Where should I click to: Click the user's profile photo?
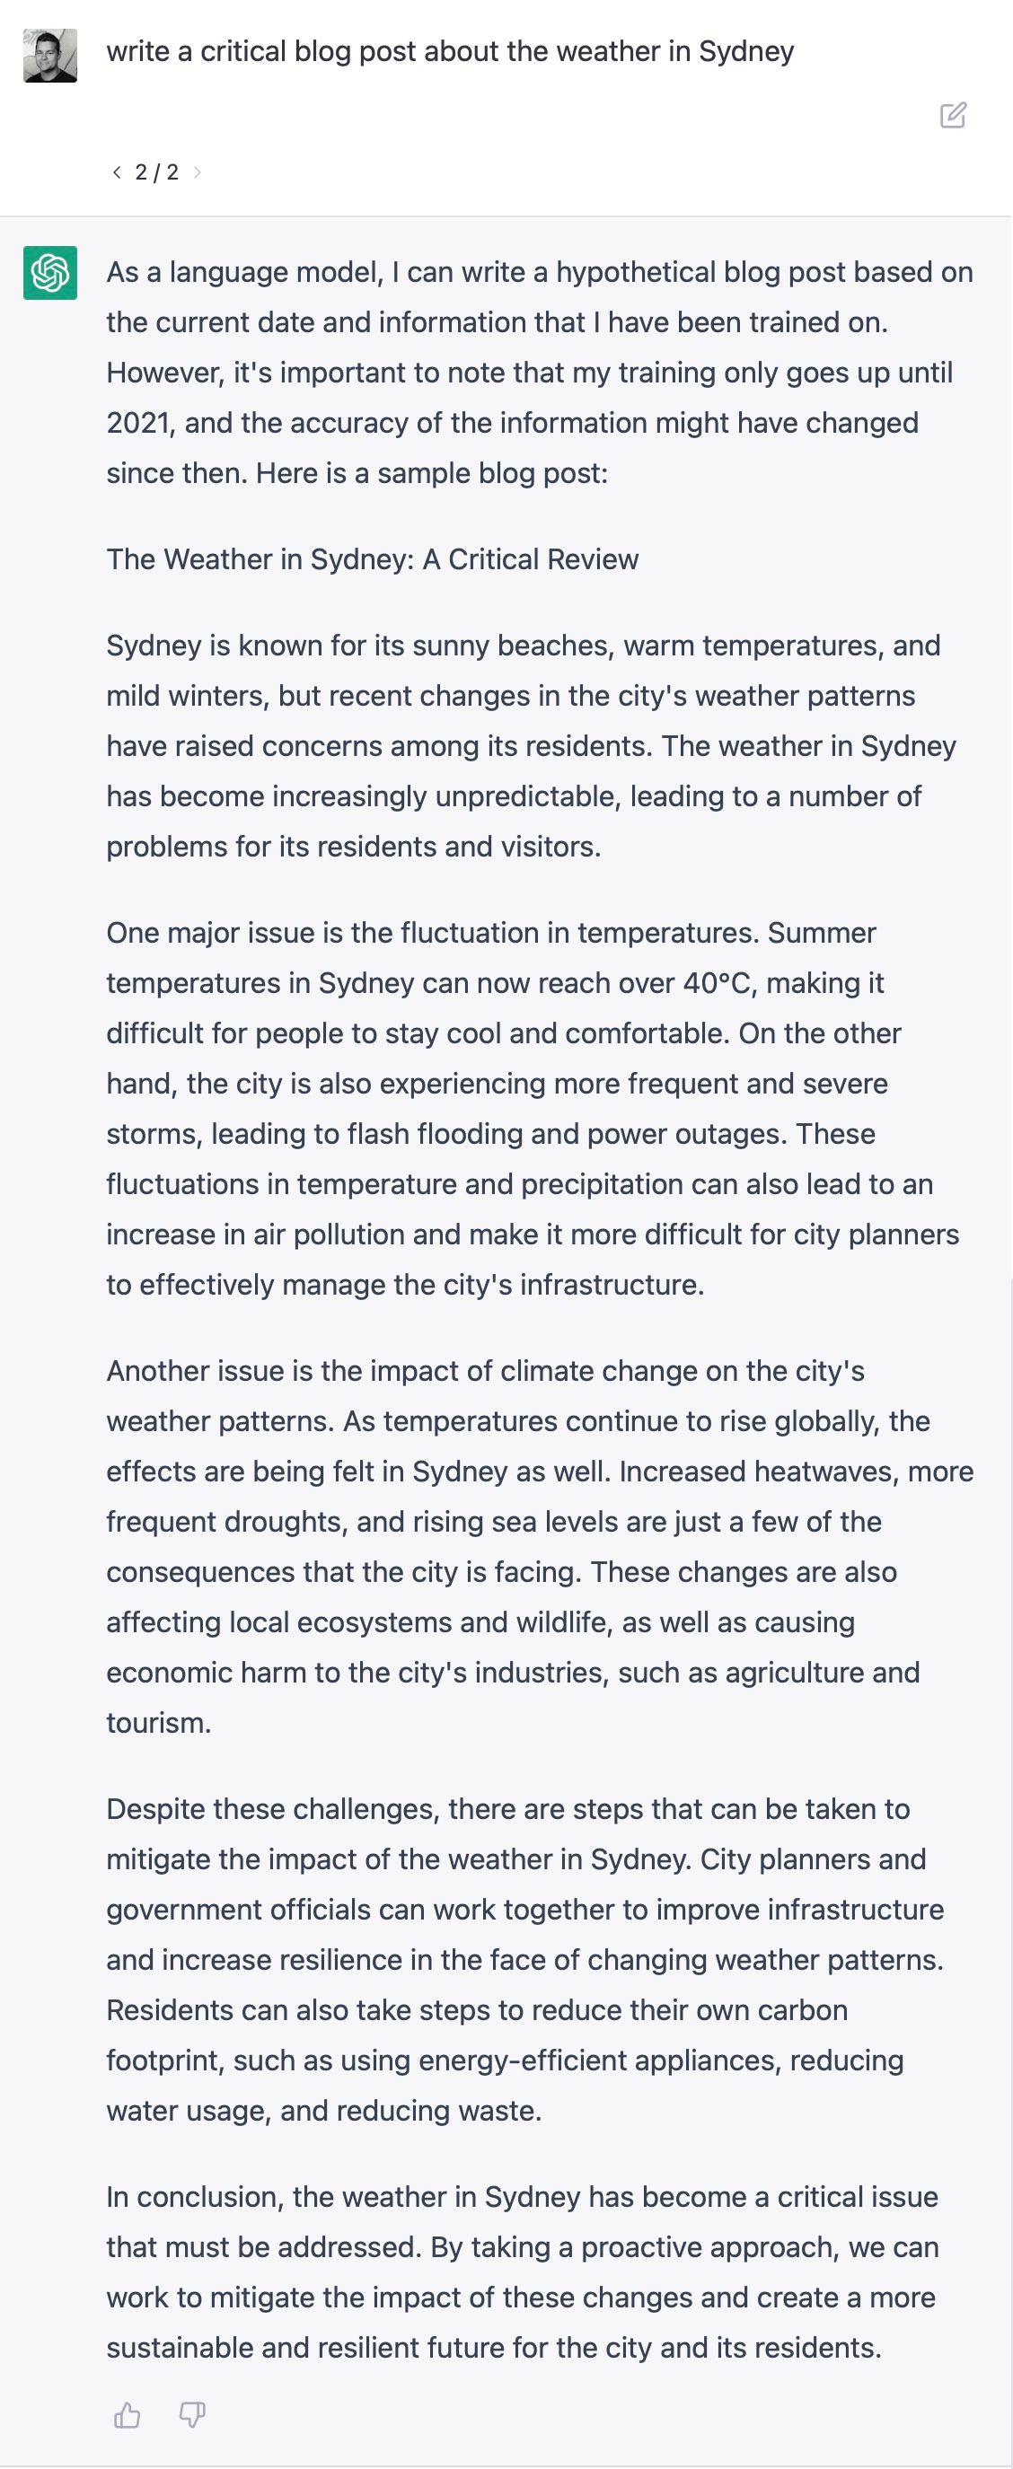click(x=49, y=56)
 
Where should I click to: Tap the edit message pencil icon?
click(x=953, y=116)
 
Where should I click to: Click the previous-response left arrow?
click(x=117, y=172)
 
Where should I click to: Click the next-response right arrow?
click(x=198, y=172)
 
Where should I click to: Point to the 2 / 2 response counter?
click(x=156, y=172)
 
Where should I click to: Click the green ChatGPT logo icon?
click(x=49, y=273)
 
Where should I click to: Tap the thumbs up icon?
click(x=128, y=2415)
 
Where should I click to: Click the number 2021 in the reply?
click(x=140, y=424)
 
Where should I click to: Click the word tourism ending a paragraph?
click(x=156, y=1723)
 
